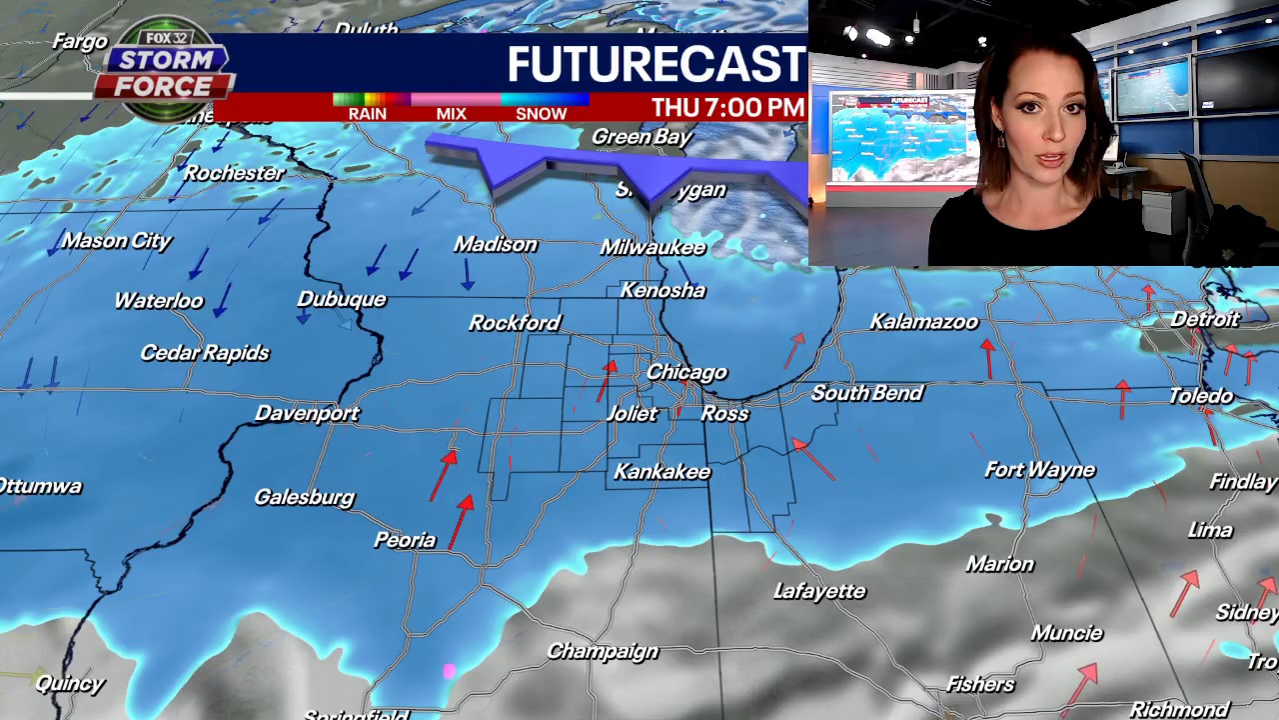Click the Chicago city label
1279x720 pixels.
tap(686, 372)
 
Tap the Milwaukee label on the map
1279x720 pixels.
tap(652, 247)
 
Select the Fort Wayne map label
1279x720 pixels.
tap(1039, 470)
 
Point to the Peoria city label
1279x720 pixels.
tap(405, 540)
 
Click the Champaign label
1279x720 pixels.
tap(603, 652)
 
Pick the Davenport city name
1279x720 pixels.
tap(307, 413)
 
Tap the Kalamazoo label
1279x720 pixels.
tap(923, 322)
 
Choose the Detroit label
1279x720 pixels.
tap(1205, 320)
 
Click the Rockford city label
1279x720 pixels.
tap(515, 323)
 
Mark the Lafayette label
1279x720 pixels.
tap(819, 592)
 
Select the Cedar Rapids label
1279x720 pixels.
tap(205, 353)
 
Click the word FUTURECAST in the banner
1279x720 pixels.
tap(655, 65)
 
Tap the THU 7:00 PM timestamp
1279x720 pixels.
tap(727, 108)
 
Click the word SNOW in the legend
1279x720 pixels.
tap(541, 114)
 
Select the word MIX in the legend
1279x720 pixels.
tap(451, 114)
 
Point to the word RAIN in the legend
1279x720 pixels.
tap(367, 114)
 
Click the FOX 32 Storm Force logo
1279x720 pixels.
tap(165, 70)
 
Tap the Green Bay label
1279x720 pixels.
tap(641, 137)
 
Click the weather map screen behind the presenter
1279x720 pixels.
tap(902, 138)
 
